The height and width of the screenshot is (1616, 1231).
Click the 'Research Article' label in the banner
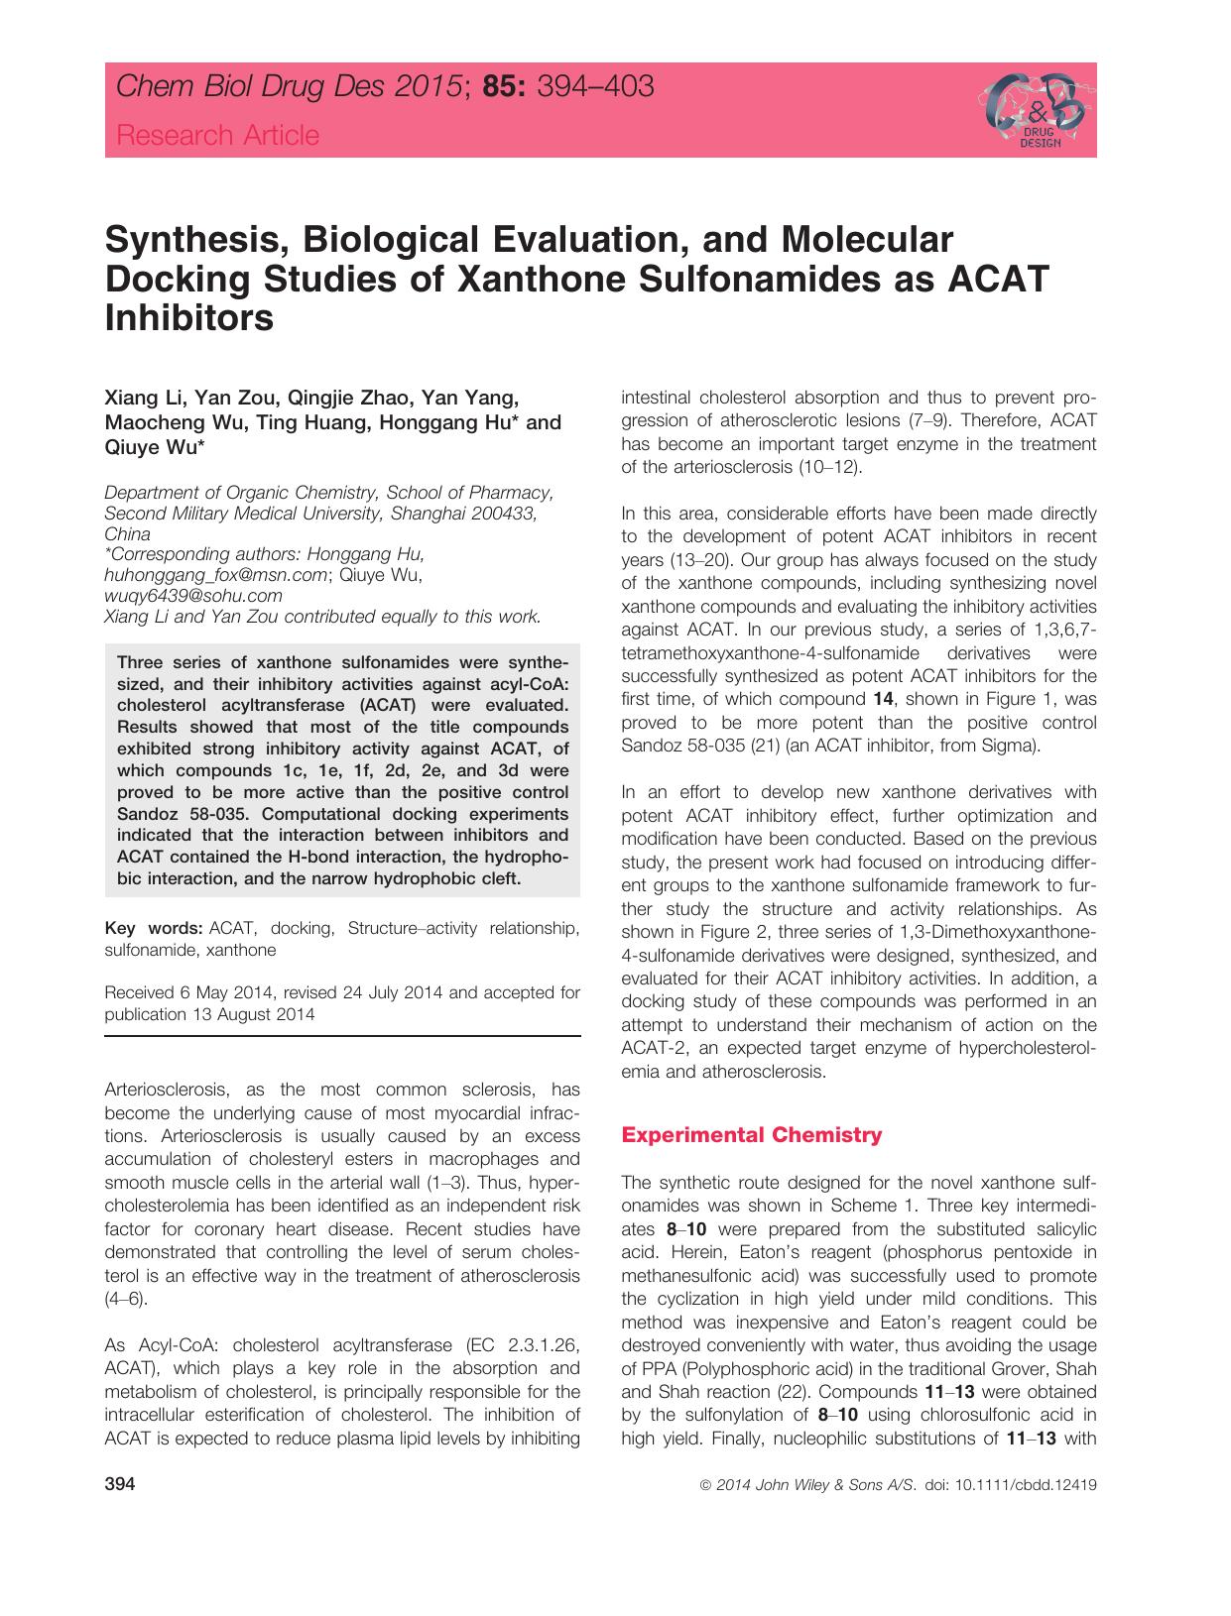(x=217, y=136)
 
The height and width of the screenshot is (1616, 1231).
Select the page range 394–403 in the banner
(x=594, y=87)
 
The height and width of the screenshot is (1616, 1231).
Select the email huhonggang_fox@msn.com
(x=215, y=575)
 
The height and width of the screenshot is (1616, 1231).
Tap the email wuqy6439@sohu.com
(x=192, y=596)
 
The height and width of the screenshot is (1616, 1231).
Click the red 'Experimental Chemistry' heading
(x=751, y=1135)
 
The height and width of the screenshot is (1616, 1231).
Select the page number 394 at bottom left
(x=119, y=1485)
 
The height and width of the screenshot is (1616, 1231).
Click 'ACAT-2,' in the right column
(x=653, y=1048)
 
